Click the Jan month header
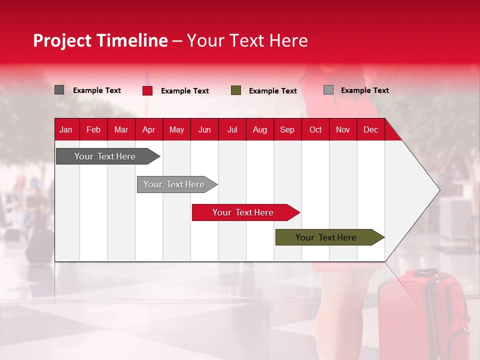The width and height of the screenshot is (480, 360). pyautogui.click(x=66, y=130)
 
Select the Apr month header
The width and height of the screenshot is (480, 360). pyautogui.click(x=149, y=130)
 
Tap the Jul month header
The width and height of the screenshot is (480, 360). pyautogui.click(x=232, y=130)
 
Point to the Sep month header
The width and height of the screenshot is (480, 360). pyautogui.click(x=287, y=130)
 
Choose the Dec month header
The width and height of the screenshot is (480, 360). pyautogui.click(x=370, y=130)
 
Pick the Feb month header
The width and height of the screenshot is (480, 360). pyautogui.click(x=93, y=130)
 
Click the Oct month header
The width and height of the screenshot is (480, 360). pyautogui.click(x=315, y=130)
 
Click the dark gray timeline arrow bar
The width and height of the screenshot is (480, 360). pyautogui.click(x=108, y=156)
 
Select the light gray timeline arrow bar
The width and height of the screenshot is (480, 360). pyautogui.click(x=177, y=184)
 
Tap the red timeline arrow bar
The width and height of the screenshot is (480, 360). pyautogui.click(x=246, y=212)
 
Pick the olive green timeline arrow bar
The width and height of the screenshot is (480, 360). pyautogui.click(x=330, y=237)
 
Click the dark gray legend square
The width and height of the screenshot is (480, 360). pyautogui.click(x=59, y=89)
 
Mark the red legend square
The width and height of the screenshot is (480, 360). pyautogui.click(x=147, y=90)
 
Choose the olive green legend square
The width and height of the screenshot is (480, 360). pyautogui.click(x=235, y=90)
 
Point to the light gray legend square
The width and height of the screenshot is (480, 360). pyautogui.click(x=328, y=89)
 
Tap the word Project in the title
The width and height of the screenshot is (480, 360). pyautogui.click(x=62, y=41)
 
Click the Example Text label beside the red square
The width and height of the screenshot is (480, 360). pyautogui.click(x=185, y=91)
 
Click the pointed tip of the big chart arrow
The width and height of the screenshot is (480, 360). pyautogui.click(x=440, y=190)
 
